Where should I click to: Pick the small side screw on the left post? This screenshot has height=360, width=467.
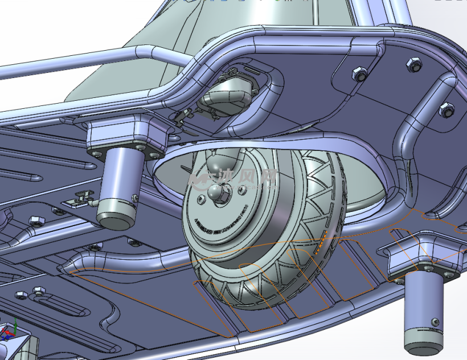(x=135, y=198)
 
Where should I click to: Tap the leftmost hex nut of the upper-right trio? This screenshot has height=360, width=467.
(x=359, y=73)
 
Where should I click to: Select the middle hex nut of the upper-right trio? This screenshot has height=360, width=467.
(x=413, y=64)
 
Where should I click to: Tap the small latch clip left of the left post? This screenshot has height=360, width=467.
(x=79, y=198)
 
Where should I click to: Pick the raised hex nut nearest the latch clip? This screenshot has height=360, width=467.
(x=34, y=220)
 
